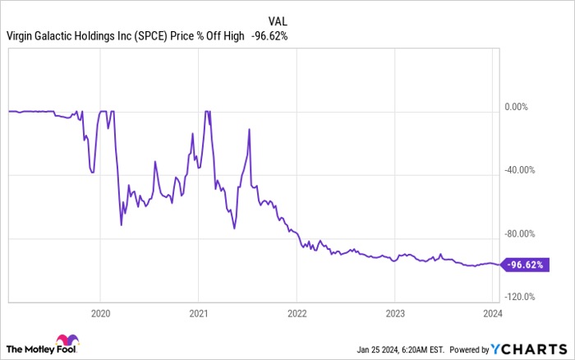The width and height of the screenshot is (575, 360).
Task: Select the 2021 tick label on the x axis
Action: pos(198,312)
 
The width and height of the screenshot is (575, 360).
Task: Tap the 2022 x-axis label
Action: pos(297,312)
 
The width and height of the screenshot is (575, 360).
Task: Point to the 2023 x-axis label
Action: pos(394,312)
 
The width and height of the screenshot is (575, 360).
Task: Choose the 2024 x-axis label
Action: pos(491,312)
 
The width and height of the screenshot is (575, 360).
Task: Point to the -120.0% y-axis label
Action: pos(522,297)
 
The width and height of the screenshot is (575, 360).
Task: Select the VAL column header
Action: pos(278,19)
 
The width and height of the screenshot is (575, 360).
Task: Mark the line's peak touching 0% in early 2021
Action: pos(208,111)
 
